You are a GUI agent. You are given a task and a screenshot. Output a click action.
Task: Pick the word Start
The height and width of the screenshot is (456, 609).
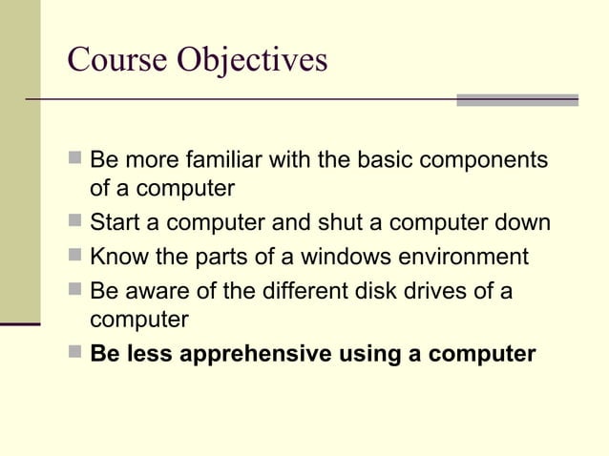pos(115,223)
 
